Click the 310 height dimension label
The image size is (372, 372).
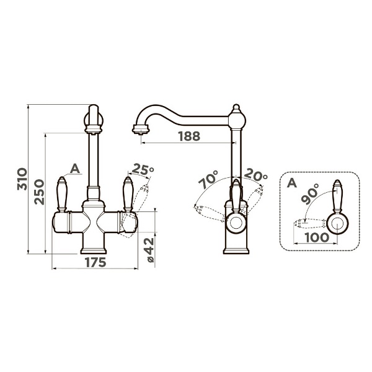coord(22,179)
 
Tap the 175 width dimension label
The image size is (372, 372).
coord(95,262)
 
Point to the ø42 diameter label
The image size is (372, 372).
coord(151,250)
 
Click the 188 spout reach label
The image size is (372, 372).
coord(189,136)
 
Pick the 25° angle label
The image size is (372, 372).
coord(143,169)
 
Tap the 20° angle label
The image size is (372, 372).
coord(255,174)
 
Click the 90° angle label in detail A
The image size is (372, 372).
coord(309,193)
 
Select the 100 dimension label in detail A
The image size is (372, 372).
coord(317,237)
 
